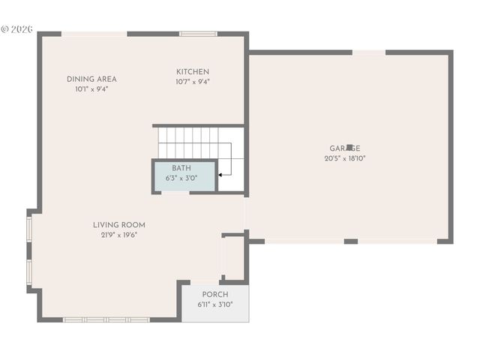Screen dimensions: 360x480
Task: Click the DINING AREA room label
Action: point(91,79)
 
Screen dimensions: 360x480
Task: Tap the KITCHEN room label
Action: point(193,72)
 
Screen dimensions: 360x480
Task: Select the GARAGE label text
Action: point(345,148)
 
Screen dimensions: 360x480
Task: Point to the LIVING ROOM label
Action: point(119,224)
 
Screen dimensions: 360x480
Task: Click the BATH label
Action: point(181,168)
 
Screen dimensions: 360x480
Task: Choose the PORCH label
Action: point(215,294)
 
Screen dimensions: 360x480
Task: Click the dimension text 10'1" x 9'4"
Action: point(91,89)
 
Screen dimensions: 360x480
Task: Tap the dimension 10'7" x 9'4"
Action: point(193,82)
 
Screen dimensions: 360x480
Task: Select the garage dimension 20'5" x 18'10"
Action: point(345,158)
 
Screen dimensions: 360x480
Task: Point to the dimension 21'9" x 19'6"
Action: point(119,235)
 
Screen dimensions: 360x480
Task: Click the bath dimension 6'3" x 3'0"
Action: point(181,178)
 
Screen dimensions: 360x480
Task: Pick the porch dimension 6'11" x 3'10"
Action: point(215,304)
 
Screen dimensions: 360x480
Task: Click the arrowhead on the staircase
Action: point(220,175)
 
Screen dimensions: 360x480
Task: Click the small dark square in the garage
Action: point(349,148)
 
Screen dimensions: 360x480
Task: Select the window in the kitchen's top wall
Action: point(198,33)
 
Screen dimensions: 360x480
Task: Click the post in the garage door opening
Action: point(350,241)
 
